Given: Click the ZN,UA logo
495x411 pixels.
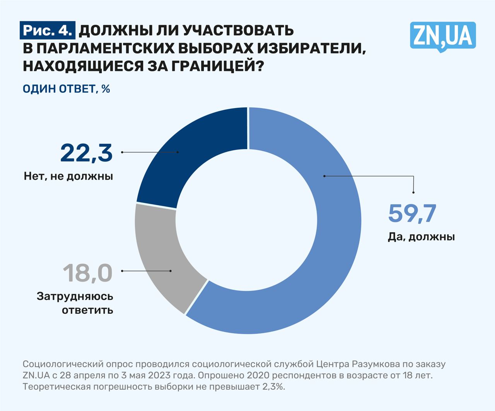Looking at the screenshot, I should [x=442, y=36].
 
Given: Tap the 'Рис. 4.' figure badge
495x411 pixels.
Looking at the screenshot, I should [x=48, y=30].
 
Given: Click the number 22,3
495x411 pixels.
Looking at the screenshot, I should [x=86, y=153].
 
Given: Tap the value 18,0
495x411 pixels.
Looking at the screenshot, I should [x=87, y=273].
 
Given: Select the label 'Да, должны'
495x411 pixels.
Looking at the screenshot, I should [x=421, y=237].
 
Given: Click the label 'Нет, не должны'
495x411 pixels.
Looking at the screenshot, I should [x=68, y=177].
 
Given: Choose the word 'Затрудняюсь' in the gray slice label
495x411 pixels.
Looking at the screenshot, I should [x=75, y=297].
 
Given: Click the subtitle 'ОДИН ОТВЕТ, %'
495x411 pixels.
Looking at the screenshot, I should [x=67, y=89].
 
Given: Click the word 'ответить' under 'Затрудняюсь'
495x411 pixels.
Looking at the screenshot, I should [x=88, y=310].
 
